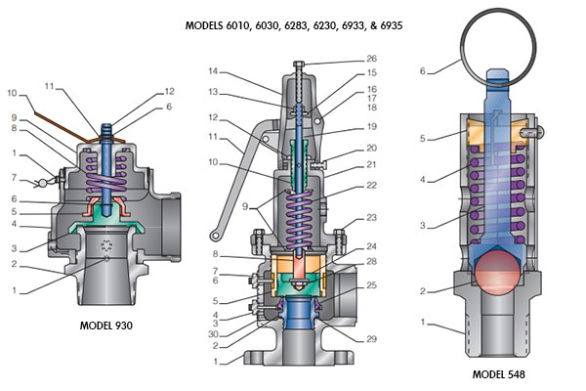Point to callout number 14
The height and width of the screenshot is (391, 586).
coord(214,72)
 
